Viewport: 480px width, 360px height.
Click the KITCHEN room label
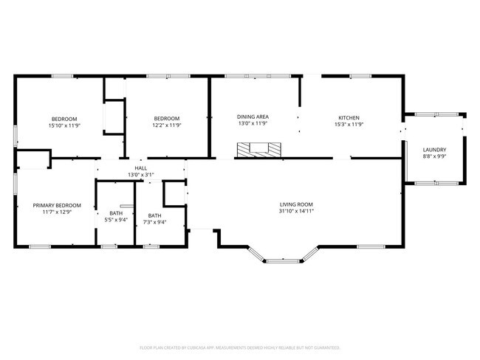click(349, 118)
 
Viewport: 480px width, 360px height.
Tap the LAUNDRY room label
click(433, 150)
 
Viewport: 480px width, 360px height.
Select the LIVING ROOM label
click(296, 204)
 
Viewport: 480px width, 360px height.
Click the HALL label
click(141, 168)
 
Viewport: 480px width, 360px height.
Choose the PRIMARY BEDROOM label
click(57, 206)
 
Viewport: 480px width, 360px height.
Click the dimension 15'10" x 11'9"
click(65, 125)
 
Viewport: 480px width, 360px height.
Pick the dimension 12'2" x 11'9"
click(167, 125)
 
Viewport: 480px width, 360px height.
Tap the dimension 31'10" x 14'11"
click(296, 212)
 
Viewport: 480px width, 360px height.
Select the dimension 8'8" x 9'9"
click(433, 156)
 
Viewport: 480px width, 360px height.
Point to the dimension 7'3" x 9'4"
click(154, 221)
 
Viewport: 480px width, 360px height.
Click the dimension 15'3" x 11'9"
click(349, 125)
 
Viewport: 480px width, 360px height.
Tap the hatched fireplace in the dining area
click(258, 148)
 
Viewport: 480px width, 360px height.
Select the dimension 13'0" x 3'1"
click(141, 175)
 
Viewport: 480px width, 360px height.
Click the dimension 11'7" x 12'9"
click(57, 212)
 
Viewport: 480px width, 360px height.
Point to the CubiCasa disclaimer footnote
click(239, 347)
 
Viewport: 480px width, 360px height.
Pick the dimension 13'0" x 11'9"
click(253, 125)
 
